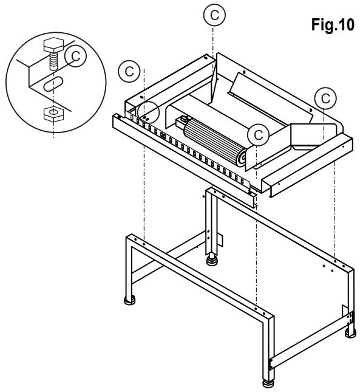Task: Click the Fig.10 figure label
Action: pos(333,25)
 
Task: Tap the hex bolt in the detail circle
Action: pos(53,53)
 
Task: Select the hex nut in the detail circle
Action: pos(53,114)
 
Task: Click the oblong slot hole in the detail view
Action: pos(53,84)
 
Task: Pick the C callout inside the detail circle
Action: pos(75,56)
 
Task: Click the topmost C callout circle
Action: pos(214,15)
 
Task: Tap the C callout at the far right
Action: pos(325,98)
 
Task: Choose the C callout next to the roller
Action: pos(258,135)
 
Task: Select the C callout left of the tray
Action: pos(129,72)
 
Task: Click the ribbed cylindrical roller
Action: pos(215,142)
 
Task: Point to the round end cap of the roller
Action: pos(241,158)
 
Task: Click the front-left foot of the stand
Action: pos(130,300)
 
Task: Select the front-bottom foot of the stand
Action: pos(268,385)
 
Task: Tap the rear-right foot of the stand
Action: pos(350,334)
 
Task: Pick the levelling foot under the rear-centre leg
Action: pos(212,260)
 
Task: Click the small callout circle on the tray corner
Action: pos(148,112)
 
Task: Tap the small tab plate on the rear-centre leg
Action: pos(220,240)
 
